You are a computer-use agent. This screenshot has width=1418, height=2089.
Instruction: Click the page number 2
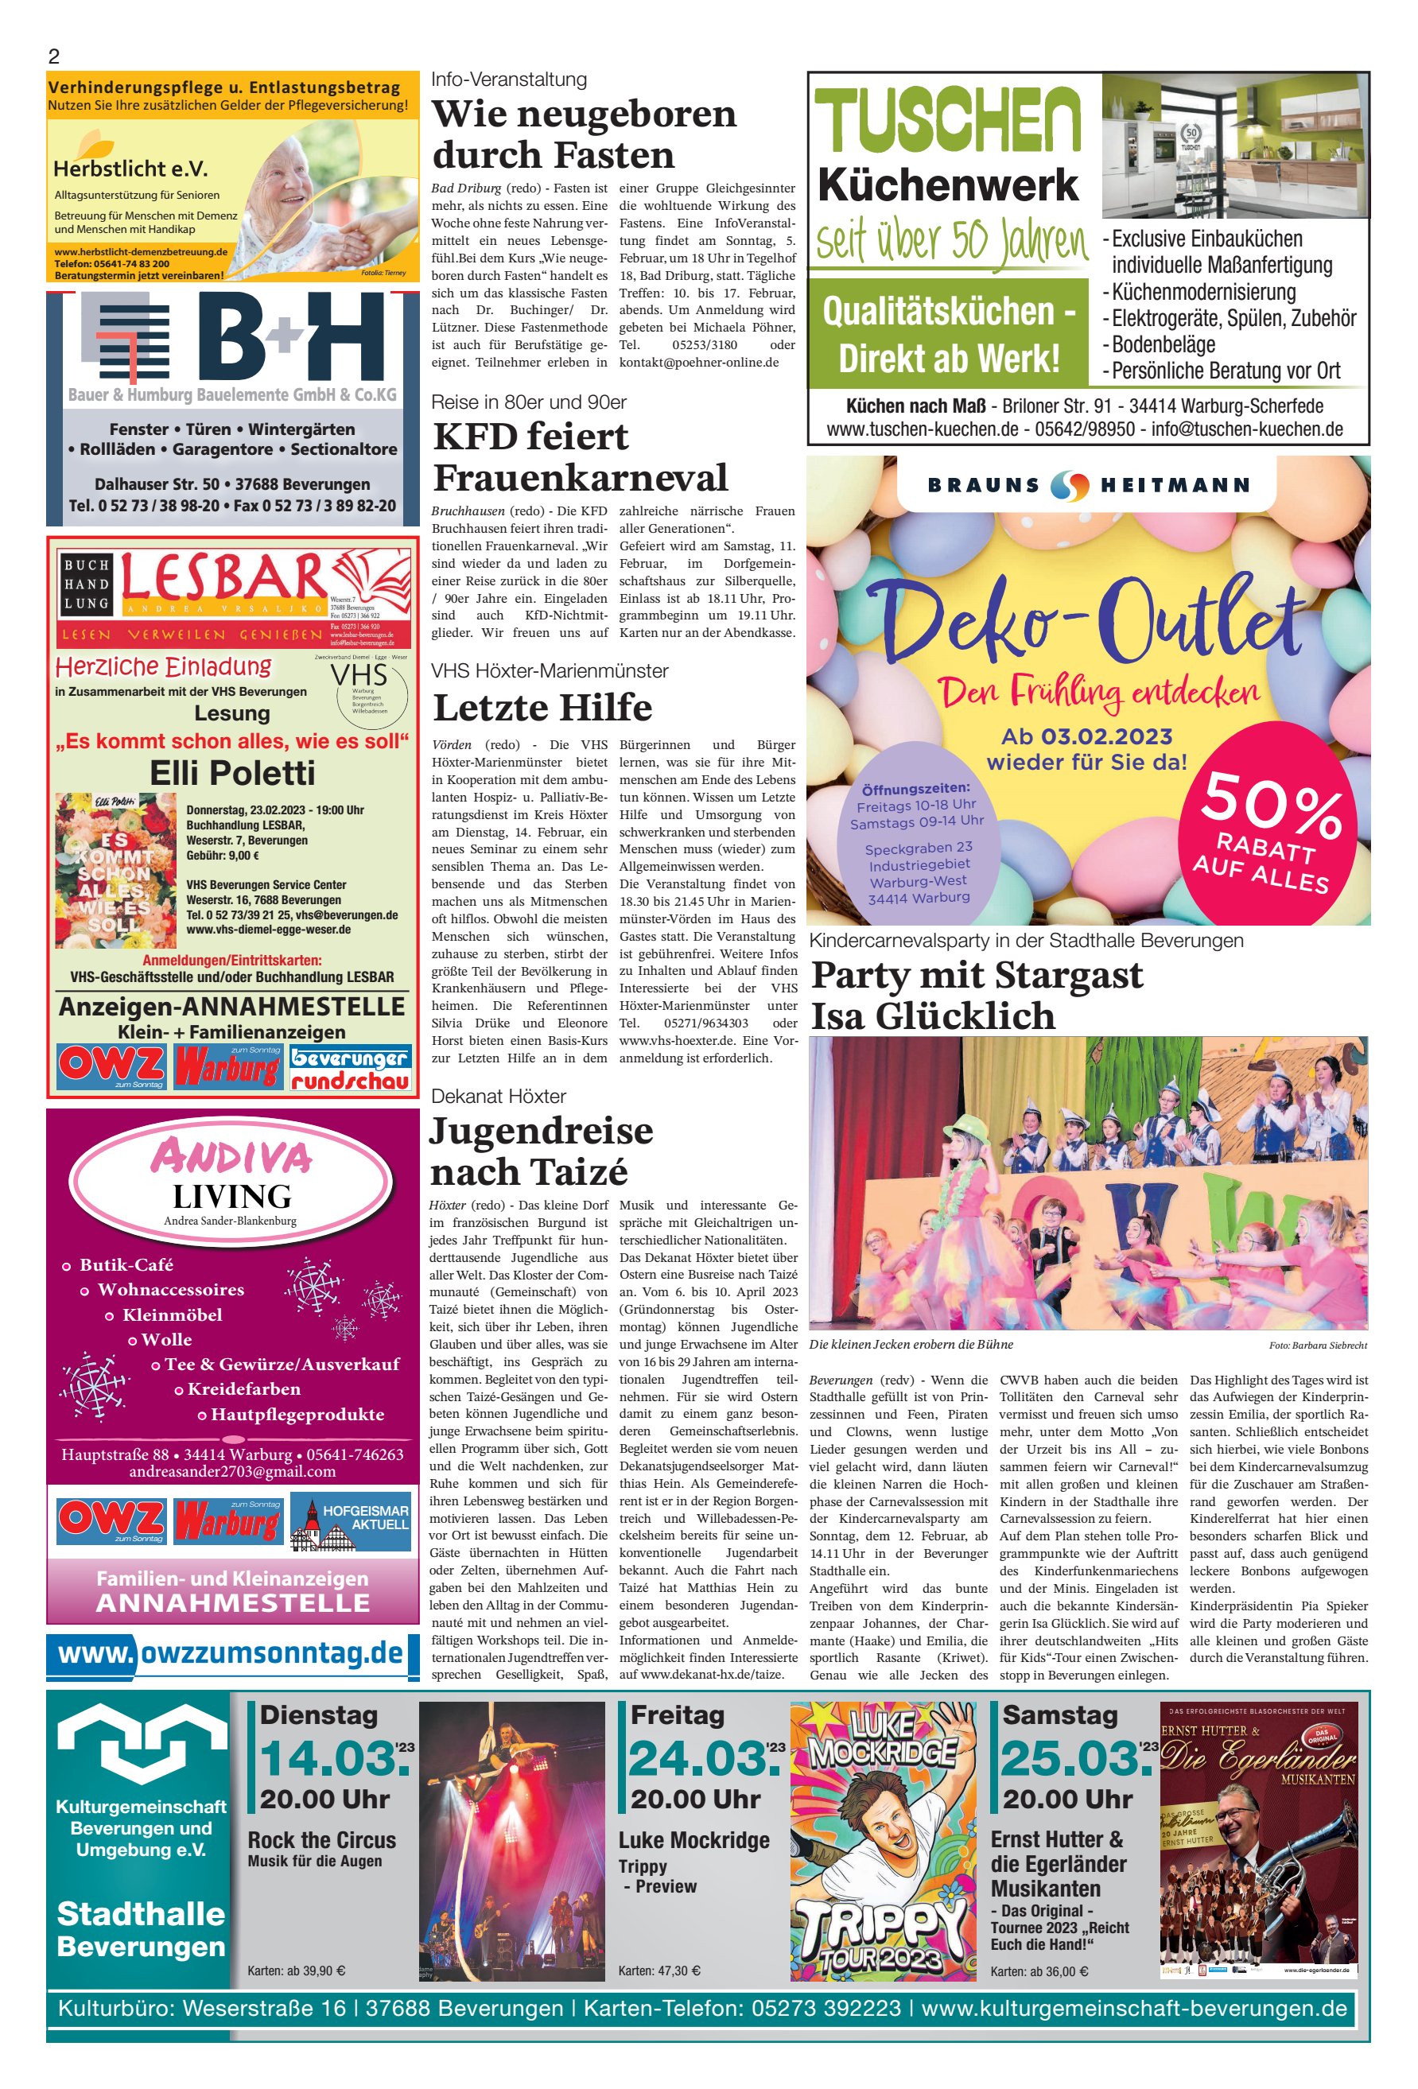(x=54, y=56)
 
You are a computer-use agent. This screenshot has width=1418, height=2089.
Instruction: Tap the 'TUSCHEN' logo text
(x=949, y=120)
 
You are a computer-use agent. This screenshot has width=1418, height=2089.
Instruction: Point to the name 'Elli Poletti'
(x=232, y=773)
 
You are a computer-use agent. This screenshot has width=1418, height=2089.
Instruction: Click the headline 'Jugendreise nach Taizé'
(x=542, y=1151)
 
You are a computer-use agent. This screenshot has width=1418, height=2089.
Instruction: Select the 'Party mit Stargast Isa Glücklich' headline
(x=977, y=996)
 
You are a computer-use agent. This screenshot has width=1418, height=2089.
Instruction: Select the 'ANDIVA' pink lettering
(x=232, y=1157)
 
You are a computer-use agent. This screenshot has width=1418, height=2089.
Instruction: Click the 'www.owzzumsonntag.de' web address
(x=231, y=1653)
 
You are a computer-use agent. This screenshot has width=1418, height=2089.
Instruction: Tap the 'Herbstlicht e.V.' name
(x=130, y=168)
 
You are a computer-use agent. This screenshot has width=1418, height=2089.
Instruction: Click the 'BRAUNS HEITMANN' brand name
(x=1089, y=485)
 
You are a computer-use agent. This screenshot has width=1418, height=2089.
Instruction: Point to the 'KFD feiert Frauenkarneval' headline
(x=581, y=456)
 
